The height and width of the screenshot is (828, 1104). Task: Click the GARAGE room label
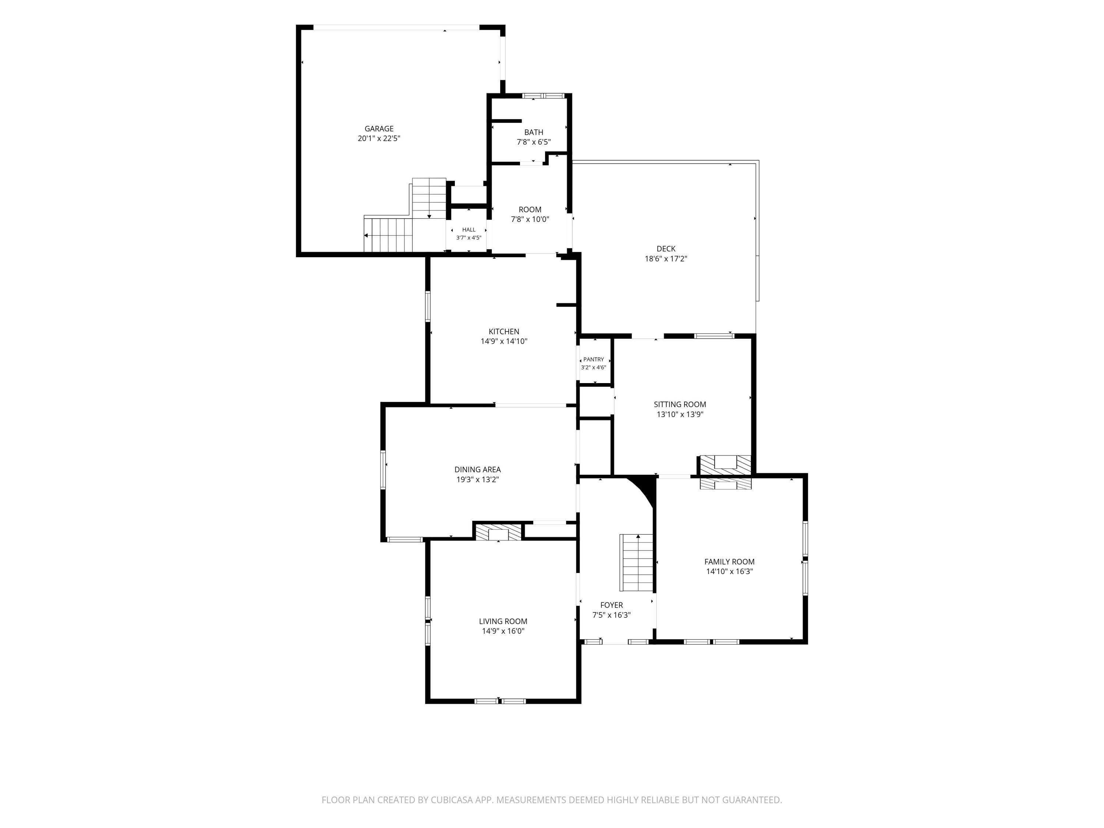click(379, 129)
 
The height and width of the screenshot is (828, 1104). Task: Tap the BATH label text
click(534, 132)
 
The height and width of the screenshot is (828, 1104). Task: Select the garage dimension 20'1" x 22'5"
click(379, 139)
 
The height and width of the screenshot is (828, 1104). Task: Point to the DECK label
click(666, 248)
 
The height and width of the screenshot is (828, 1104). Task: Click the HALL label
click(469, 230)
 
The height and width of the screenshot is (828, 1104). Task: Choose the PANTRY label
click(594, 359)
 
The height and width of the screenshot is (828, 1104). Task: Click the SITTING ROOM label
click(680, 404)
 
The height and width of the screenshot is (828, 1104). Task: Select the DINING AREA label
click(477, 470)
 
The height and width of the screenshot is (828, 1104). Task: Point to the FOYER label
click(611, 605)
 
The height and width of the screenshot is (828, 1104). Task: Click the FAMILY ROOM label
click(729, 562)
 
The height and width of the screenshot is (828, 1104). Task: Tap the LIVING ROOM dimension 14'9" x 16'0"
click(503, 631)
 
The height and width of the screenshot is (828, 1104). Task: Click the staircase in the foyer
click(636, 562)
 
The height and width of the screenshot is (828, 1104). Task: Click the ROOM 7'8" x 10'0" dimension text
click(530, 219)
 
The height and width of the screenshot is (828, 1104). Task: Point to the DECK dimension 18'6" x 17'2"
click(666, 259)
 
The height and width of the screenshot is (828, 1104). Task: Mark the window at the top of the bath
click(543, 96)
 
